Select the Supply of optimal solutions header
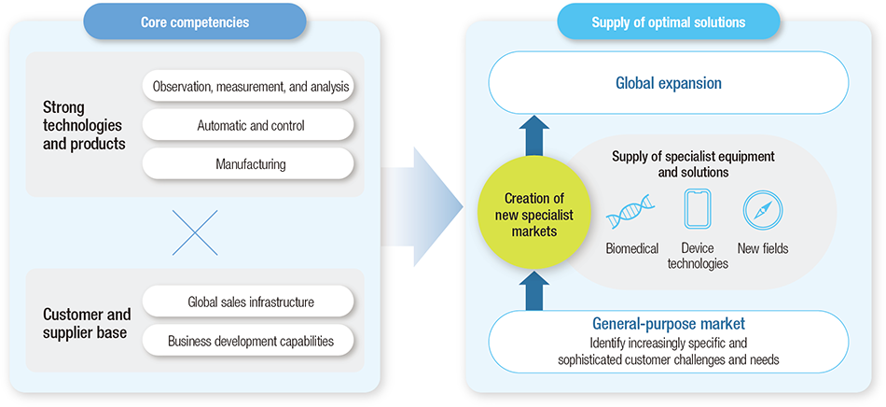point(668,21)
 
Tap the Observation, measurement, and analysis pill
point(248,87)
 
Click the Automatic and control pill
point(248,125)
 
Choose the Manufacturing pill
point(248,163)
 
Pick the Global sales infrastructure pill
point(248,302)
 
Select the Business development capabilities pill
point(248,341)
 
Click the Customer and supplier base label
point(87,322)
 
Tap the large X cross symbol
point(195,233)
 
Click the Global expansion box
point(668,83)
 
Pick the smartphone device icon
point(697,209)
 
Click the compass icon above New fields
point(762,210)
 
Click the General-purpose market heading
point(668,324)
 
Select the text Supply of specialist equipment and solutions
point(693,164)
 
